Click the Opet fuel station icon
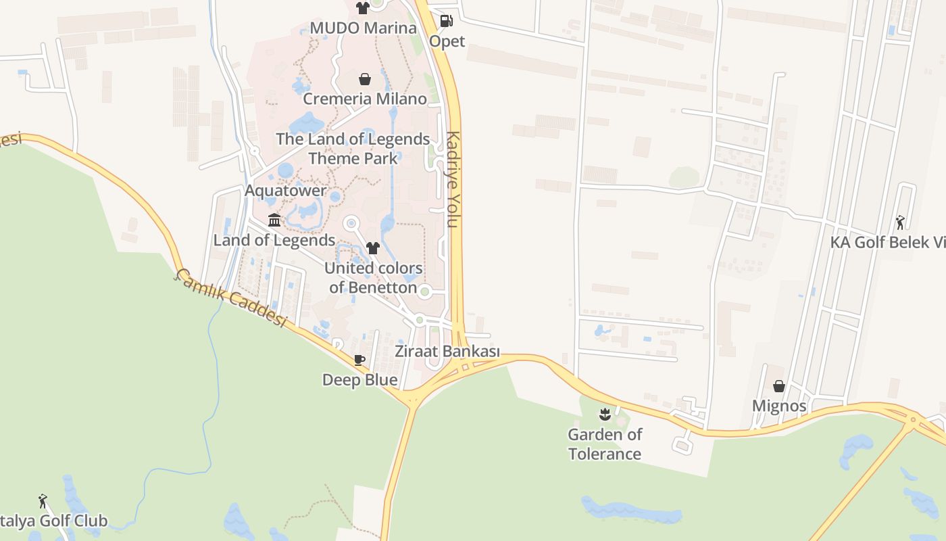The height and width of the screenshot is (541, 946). pos(446,21)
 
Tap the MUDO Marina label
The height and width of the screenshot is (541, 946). pos(363,28)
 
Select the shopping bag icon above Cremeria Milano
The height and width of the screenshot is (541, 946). pos(365,79)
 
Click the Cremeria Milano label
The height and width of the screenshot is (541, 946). pos(365,99)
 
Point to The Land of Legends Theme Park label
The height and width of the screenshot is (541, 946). pos(353,149)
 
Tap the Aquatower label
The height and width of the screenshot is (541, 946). pos(285,191)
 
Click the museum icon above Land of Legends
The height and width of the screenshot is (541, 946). pos(274,220)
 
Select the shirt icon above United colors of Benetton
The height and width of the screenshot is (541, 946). pos(372,248)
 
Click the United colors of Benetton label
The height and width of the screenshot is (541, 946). pos(373,277)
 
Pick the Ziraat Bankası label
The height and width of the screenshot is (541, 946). pos(447,352)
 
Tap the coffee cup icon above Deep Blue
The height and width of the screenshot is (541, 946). pos(359,360)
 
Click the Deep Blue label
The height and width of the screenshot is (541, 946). pos(359,380)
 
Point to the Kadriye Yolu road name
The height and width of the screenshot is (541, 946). pos(453,179)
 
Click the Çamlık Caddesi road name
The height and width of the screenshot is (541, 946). pos(232,298)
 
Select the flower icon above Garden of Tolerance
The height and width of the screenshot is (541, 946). pos(605,414)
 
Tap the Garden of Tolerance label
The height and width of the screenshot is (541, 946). pos(605,444)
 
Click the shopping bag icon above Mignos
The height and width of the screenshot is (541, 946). pos(779,386)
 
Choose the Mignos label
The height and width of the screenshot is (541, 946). pos(779,406)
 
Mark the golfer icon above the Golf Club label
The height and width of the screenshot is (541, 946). pos(43,501)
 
